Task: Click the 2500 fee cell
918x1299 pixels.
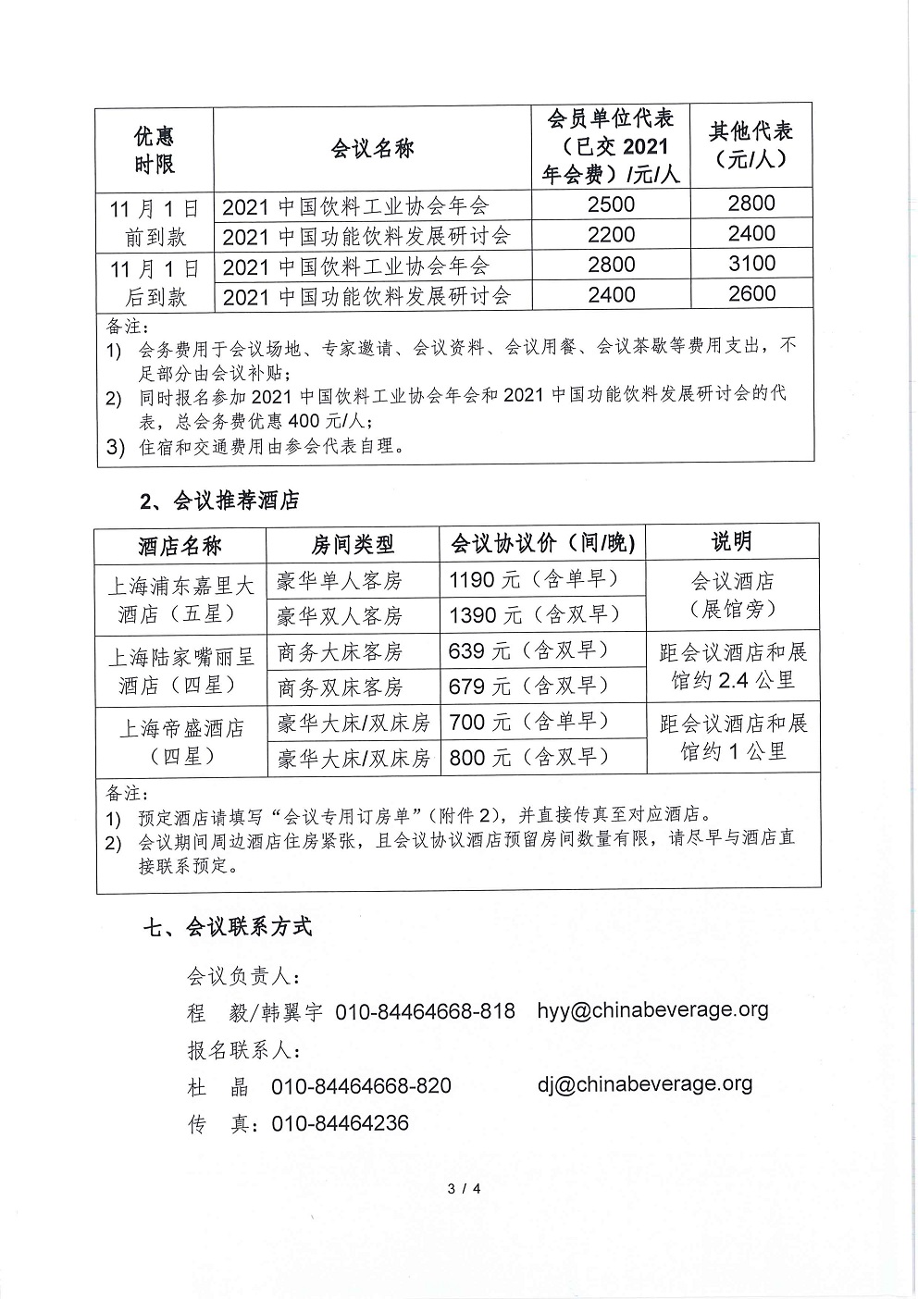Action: [611, 204]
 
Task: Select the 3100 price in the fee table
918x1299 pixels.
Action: [751, 265]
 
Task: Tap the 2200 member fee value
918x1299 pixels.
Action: [611, 234]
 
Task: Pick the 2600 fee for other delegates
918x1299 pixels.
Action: [751, 294]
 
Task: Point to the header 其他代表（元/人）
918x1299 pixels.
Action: [751, 144]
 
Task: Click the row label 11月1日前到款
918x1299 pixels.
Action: [155, 222]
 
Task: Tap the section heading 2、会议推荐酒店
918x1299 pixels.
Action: [219, 501]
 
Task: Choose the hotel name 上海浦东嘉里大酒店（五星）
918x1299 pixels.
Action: [180, 600]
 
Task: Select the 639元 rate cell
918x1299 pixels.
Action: [527, 650]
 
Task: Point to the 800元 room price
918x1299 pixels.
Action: [527, 758]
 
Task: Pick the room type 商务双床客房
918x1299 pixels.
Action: [340, 687]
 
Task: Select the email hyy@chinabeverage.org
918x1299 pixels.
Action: [652, 1009]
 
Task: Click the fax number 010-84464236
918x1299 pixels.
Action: [340, 1123]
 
